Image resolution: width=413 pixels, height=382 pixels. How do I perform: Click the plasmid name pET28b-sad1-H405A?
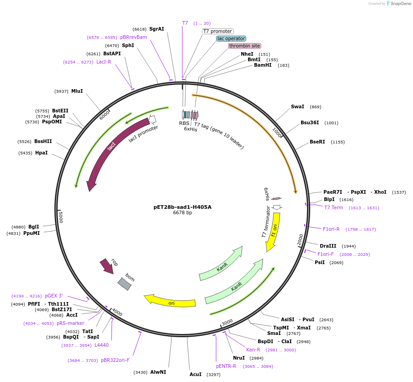click(182, 207)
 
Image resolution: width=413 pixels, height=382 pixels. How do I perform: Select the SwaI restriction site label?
click(297, 107)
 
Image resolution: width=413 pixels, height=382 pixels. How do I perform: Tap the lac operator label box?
click(231, 39)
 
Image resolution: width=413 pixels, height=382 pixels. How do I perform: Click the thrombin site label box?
click(244, 46)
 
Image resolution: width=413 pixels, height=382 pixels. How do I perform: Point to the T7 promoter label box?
click(217, 32)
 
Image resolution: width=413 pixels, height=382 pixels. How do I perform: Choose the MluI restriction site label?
click(77, 91)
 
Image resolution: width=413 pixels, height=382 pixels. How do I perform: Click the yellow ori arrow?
click(170, 301)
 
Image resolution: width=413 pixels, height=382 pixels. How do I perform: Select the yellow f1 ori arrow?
click(273, 232)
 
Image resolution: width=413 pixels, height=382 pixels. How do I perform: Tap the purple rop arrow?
click(107, 266)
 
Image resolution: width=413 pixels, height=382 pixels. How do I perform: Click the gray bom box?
click(125, 284)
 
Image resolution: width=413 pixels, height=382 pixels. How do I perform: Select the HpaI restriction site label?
click(41, 153)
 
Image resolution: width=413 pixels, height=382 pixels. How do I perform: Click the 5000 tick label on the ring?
click(60, 217)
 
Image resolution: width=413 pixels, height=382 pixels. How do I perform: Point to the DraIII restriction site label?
click(328, 246)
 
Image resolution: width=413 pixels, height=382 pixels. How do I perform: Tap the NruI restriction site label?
click(239, 358)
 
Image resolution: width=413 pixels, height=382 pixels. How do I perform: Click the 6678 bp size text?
click(182, 213)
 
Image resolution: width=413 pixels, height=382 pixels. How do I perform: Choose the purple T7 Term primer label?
click(334, 208)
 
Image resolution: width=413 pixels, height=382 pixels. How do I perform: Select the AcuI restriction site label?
click(196, 374)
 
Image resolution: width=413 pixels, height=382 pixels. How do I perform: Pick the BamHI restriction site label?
click(263, 65)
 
